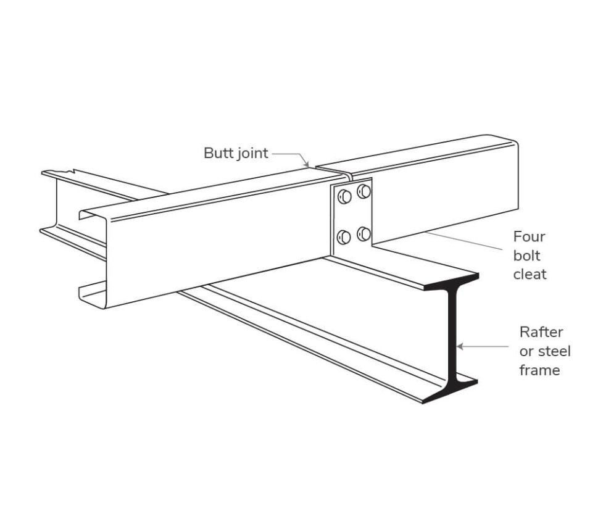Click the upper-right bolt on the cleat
pos(364,191)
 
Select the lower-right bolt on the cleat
pos(364,233)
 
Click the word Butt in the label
pos(218,153)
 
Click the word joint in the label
pos(252,154)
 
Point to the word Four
pos(529,236)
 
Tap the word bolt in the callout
pos(526,255)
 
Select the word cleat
pos(530,274)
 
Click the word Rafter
pos(541,332)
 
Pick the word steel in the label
pos(554,351)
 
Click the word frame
pos(539,370)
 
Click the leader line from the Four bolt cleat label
pos(469,242)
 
